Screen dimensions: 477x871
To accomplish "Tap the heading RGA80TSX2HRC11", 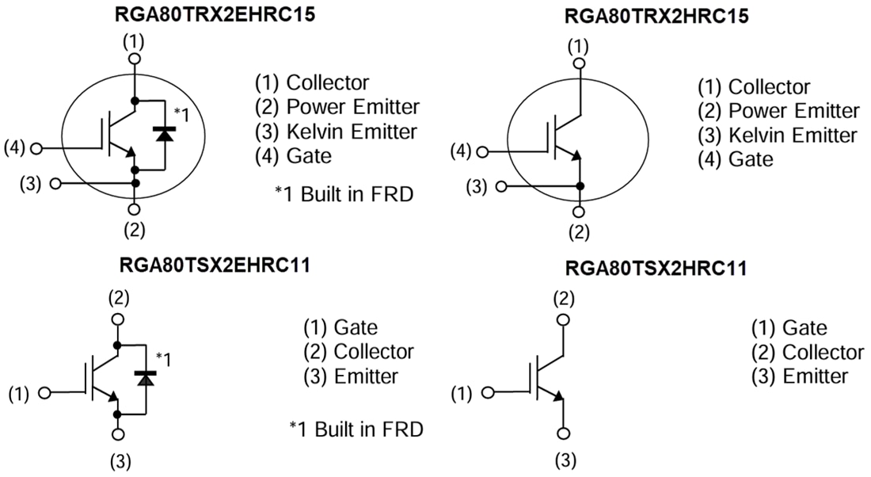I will tap(656, 269).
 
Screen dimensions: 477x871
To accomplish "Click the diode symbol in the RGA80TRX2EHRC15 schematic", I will tap(165, 135).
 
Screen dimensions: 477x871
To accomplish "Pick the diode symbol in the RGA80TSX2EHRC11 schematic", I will tap(145, 378).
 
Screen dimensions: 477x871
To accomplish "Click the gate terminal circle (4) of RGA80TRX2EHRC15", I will tap(36, 147).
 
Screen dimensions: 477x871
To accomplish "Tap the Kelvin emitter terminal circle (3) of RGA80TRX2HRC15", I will tap(502, 187).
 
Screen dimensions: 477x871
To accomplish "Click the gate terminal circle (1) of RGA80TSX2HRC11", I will tap(488, 392).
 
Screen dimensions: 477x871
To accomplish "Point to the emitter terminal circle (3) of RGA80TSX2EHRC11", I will tap(118, 434).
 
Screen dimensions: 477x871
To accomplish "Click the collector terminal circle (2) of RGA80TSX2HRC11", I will tap(563, 319).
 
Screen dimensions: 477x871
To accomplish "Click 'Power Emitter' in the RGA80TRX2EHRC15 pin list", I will tap(352, 107).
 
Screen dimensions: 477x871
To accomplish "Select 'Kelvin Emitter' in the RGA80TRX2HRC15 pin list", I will tap(792, 135).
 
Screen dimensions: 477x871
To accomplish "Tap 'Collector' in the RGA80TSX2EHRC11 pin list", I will tap(374, 351).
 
